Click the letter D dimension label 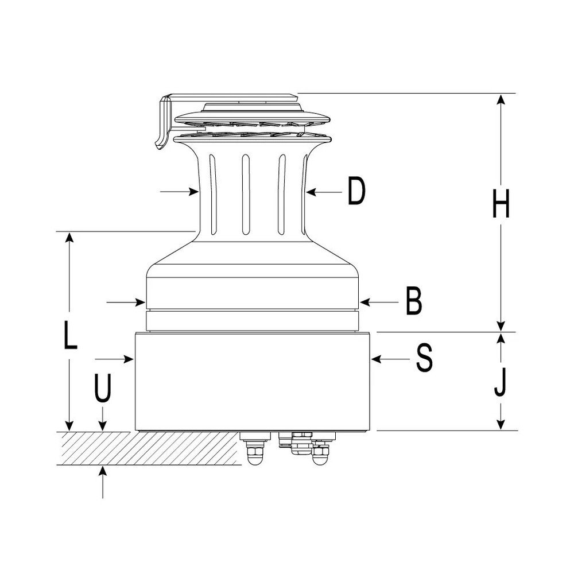(x=356, y=191)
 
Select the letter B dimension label (x=414, y=301)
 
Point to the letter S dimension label (x=424, y=359)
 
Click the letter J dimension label (x=500, y=382)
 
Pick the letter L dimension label (x=70, y=335)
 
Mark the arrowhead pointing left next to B (x=365, y=302)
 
